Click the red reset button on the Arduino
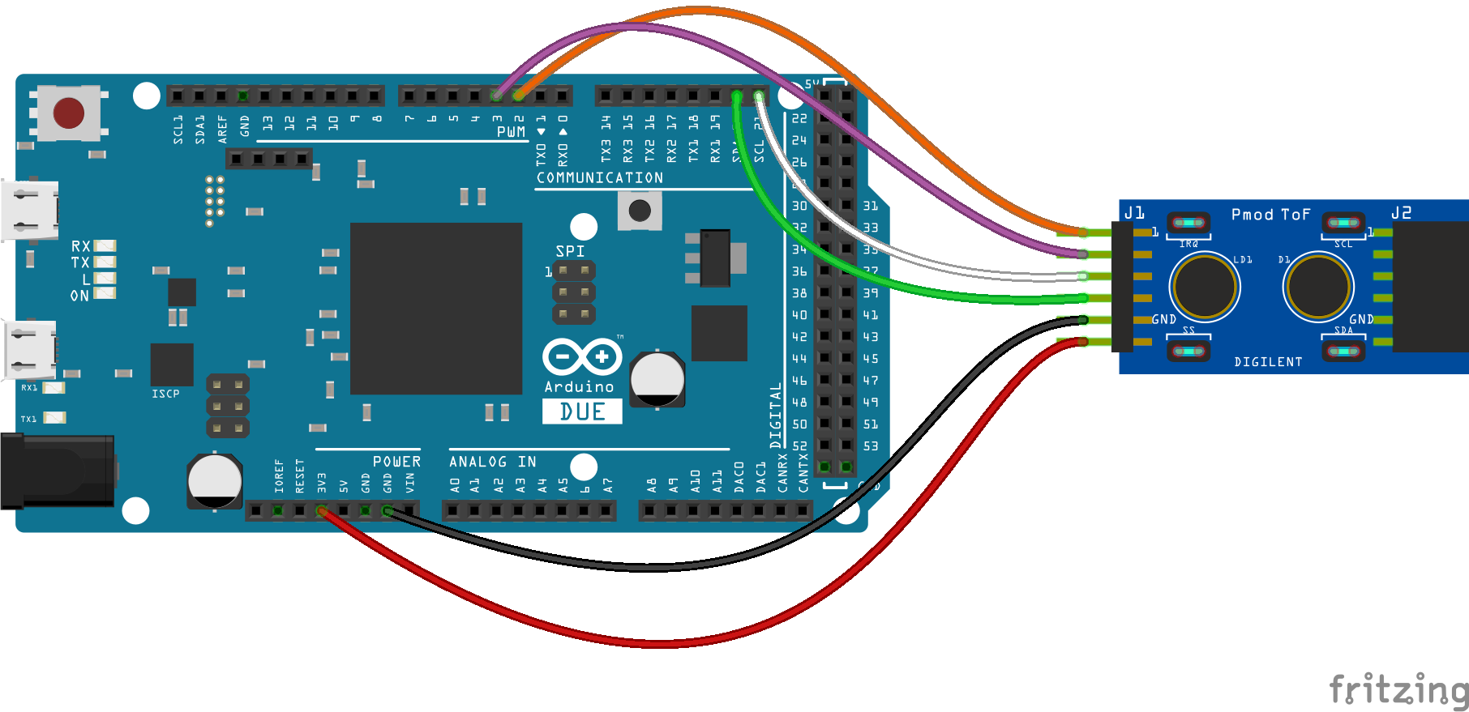(69, 113)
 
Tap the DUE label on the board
(582, 411)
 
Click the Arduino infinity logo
(582, 356)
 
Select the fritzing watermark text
(1398, 690)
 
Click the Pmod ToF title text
(1270, 215)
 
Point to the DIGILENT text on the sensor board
(1268, 362)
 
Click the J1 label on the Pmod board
(1134, 213)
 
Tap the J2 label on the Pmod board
(1401, 213)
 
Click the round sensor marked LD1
(1205, 286)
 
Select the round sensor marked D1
(1318, 286)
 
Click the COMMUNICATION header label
(600, 177)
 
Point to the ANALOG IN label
(492, 462)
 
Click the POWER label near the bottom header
(396, 462)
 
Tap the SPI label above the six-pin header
(570, 251)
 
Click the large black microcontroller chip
(436, 309)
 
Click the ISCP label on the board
(165, 394)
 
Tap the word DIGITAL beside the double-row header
(776, 415)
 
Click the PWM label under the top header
(511, 132)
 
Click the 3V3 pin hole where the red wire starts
(322, 511)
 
